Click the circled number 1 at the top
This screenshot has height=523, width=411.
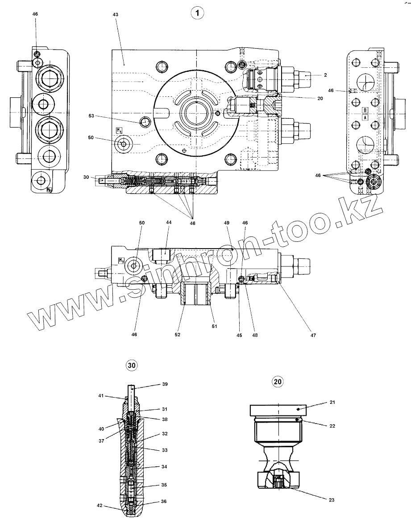197,13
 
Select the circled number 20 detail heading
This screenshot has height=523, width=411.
277,382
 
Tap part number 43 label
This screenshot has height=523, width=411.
115,15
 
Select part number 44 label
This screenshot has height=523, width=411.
168,222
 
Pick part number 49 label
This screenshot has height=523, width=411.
226,222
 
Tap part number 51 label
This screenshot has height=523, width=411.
214,327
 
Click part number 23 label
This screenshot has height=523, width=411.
332,500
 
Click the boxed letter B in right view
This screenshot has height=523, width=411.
365,110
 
